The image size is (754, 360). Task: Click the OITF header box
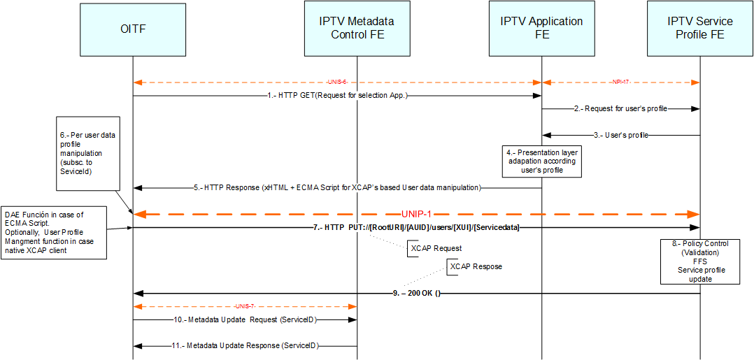pyautogui.click(x=133, y=29)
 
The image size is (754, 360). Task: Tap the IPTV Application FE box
pyautogui.click(x=541, y=29)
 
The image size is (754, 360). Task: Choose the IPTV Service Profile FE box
pyautogui.click(x=699, y=29)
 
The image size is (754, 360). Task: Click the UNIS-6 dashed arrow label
pyautogui.click(x=336, y=82)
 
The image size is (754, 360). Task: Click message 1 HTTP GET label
pyautogui.click(x=338, y=96)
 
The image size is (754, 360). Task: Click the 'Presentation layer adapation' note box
pyautogui.click(x=542, y=161)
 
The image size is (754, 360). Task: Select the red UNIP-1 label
pyautogui.click(x=418, y=213)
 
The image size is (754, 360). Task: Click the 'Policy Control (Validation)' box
pyautogui.click(x=699, y=261)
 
